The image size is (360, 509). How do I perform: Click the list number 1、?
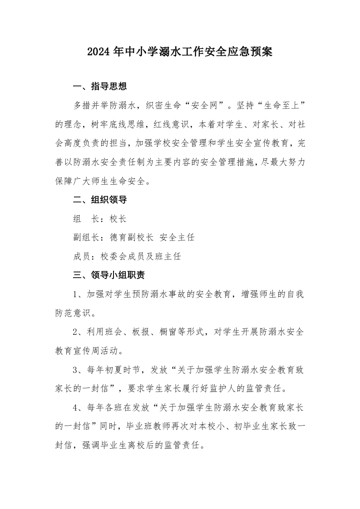(78, 294)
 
